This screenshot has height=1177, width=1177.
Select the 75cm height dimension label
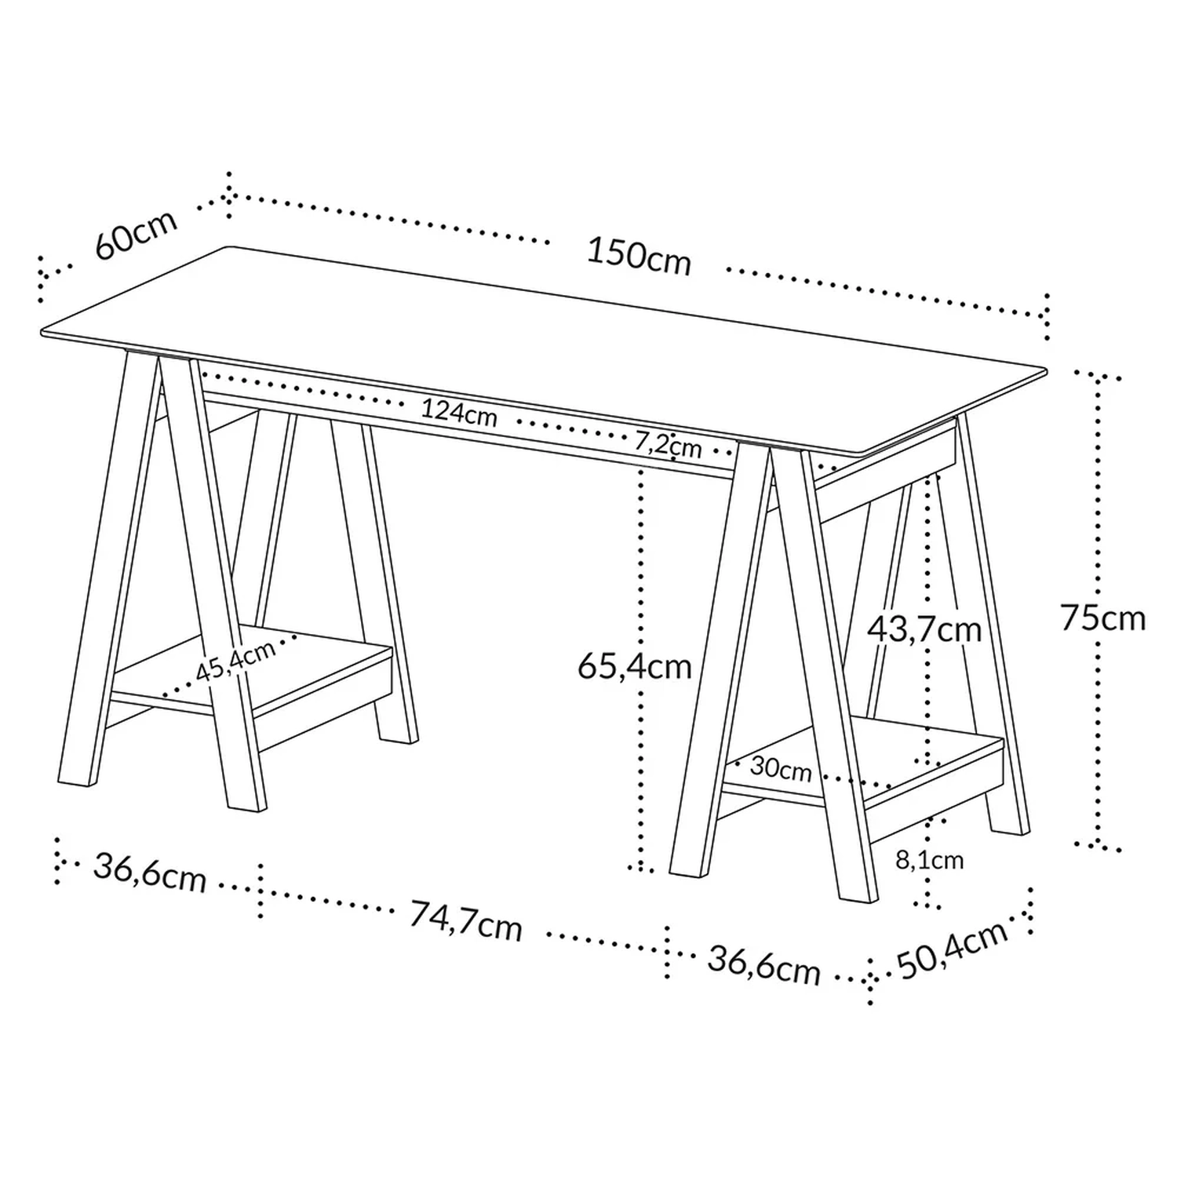pos(1102,618)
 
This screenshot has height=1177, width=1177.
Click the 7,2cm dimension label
pos(668,445)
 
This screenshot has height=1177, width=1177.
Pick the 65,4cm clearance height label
pos(634,667)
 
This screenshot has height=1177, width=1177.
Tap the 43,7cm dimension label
pos(924,629)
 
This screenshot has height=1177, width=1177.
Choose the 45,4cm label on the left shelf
pos(235,661)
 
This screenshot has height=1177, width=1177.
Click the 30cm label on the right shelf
pos(781,767)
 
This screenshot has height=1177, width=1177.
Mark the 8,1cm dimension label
pos(930,860)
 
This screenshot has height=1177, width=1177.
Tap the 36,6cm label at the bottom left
pos(150,872)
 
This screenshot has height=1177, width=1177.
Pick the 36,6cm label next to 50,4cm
pos(763,964)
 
